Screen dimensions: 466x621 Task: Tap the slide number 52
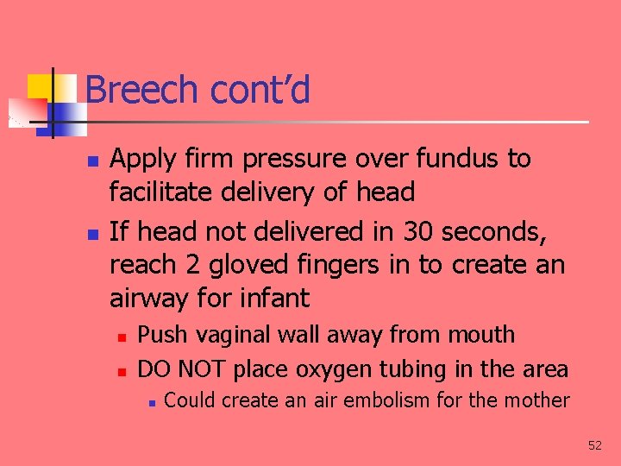(x=595, y=445)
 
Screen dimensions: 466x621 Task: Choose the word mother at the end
(x=540, y=400)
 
